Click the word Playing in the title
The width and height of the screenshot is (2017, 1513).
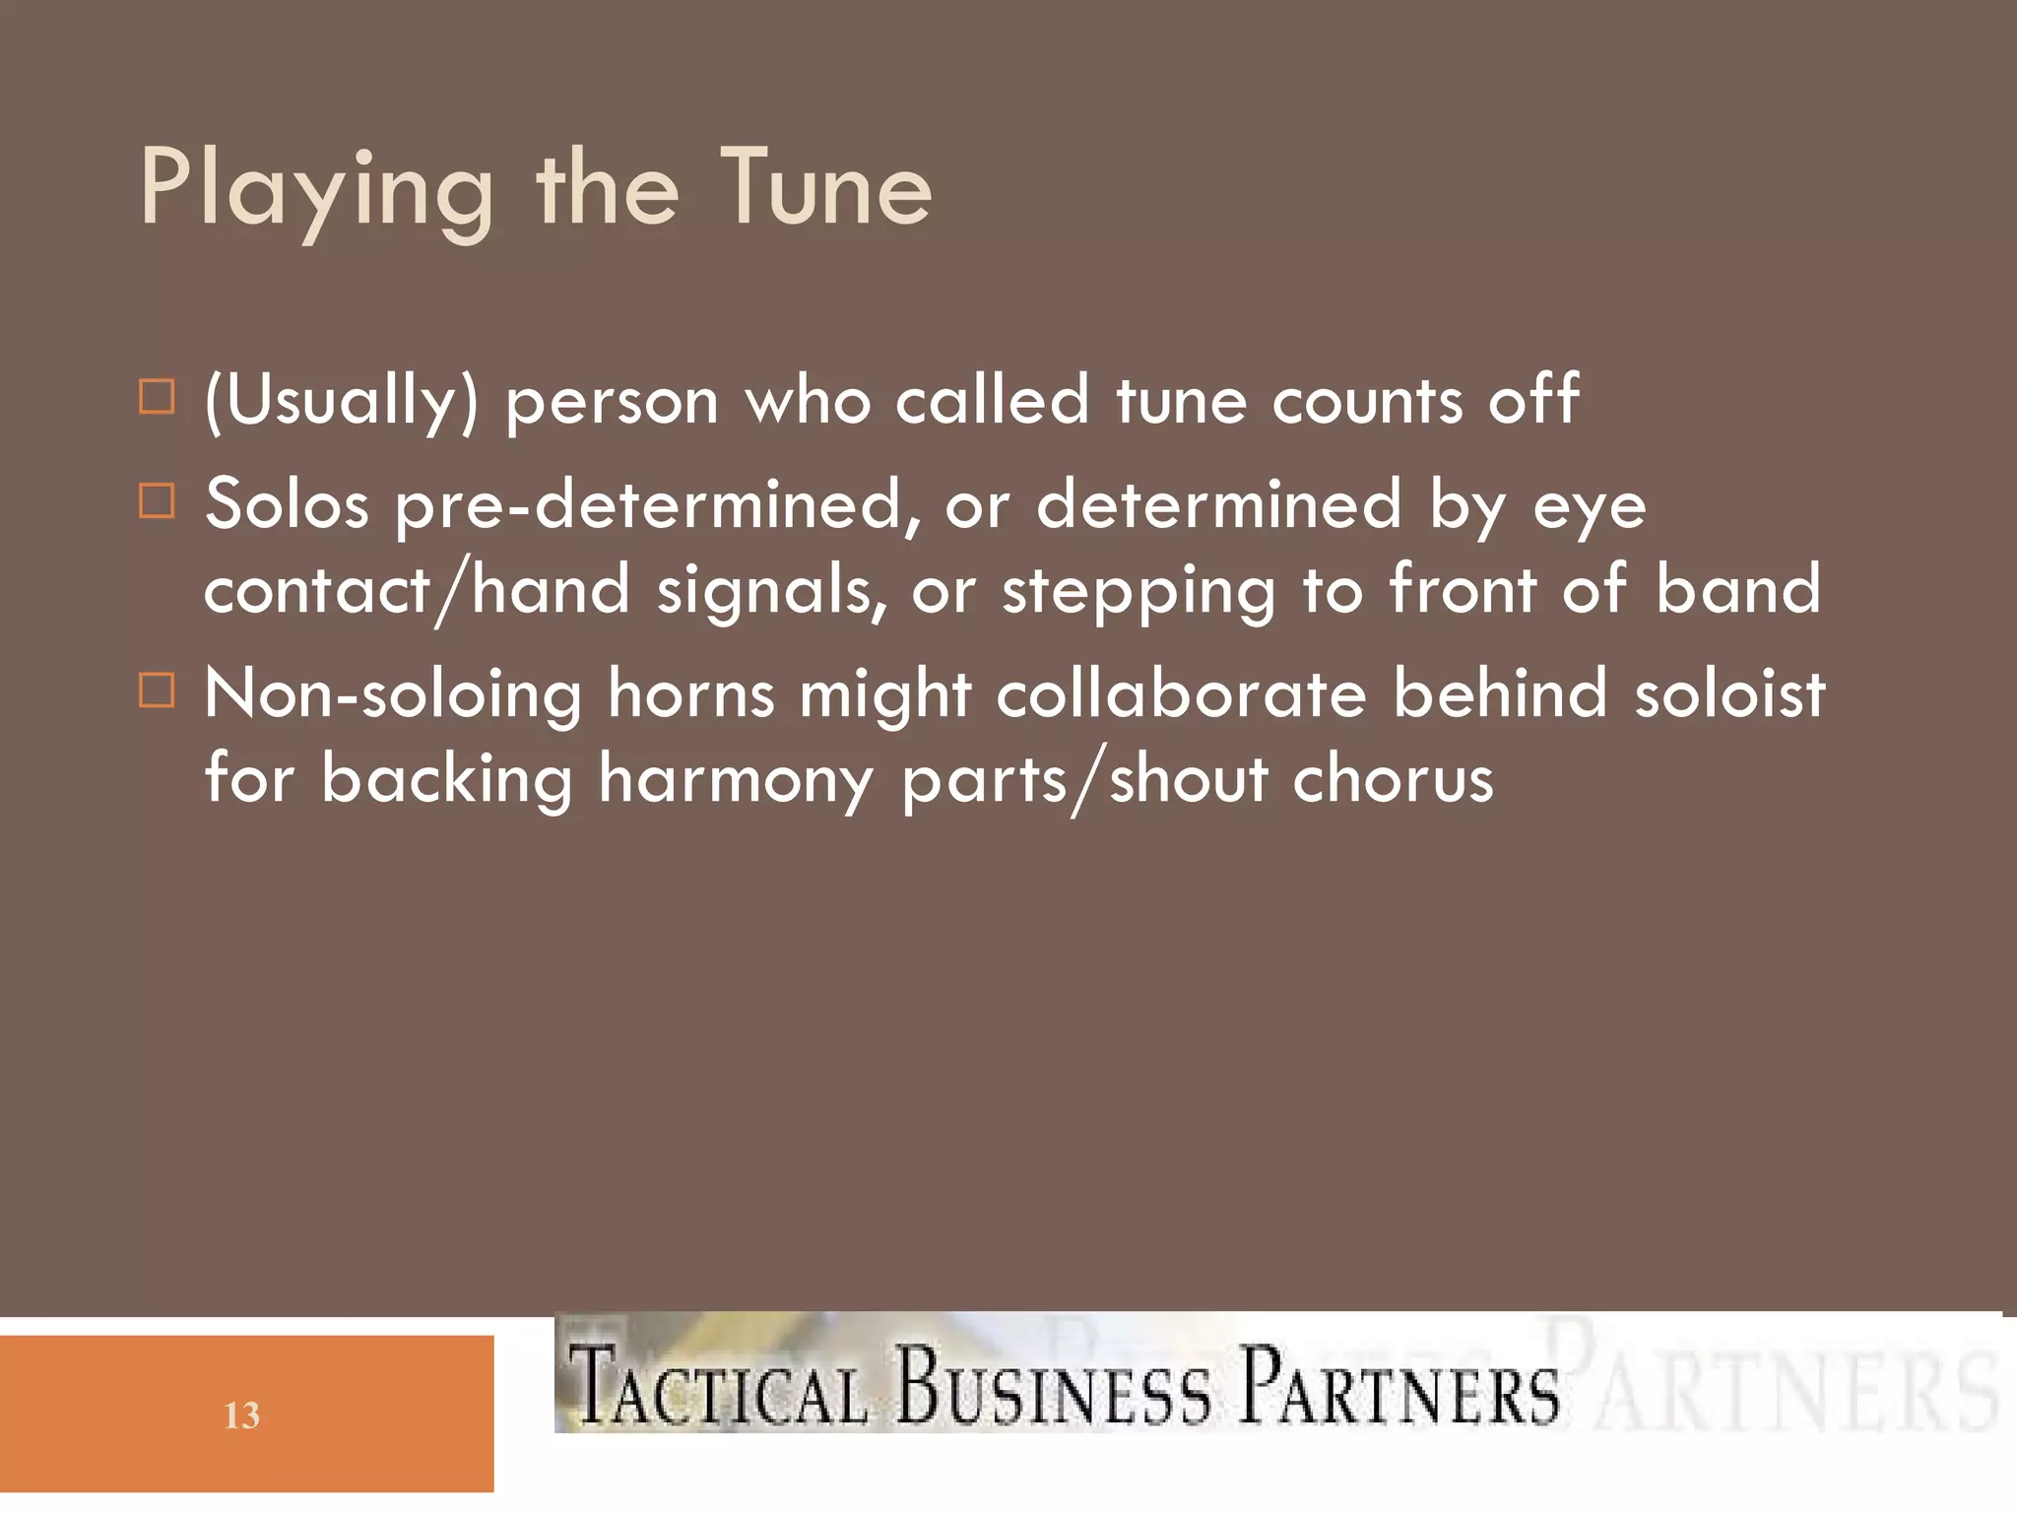315,189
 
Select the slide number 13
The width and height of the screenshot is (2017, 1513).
241,1415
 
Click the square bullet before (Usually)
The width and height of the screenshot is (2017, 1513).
157,397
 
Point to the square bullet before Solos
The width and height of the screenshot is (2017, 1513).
157,500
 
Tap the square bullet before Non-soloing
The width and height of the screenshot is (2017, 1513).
157,691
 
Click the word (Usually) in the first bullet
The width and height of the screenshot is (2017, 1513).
341,401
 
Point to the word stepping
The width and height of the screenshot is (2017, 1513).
1138,592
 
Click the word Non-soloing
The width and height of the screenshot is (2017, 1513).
393,694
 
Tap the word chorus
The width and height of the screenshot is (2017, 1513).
1393,779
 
